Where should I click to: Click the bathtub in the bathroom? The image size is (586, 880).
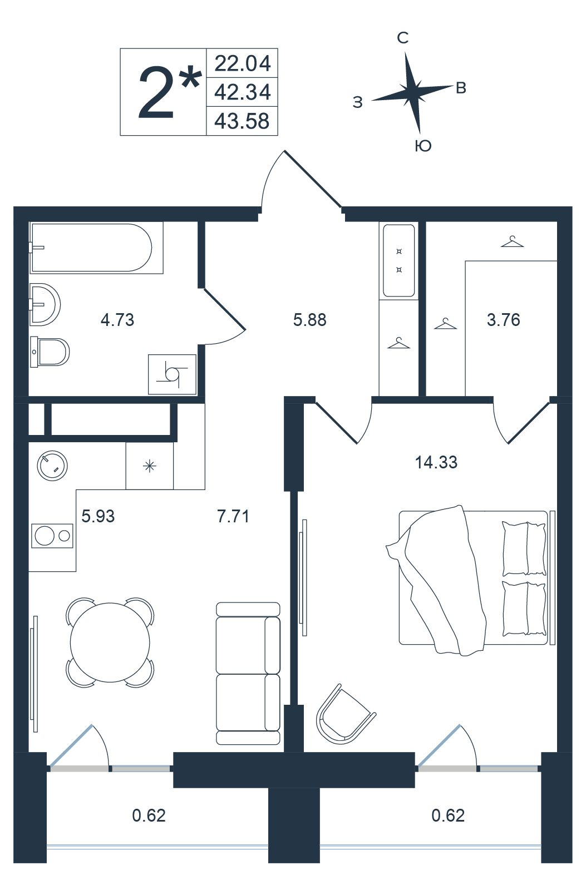tap(96, 248)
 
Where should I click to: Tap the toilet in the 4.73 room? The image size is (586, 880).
tap(50, 352)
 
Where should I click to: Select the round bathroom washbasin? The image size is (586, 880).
tap(45, 304)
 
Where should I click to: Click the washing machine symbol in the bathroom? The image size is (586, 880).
tap(172, 374)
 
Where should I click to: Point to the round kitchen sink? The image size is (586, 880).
tap(52, 466)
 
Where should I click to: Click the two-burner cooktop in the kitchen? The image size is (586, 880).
tap(52, 536)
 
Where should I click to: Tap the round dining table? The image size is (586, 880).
tap(110, 642)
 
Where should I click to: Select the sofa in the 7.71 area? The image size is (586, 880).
tap(248, 674)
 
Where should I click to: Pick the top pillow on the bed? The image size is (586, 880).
tap(524, 548)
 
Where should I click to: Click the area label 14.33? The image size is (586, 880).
tap(436, 462)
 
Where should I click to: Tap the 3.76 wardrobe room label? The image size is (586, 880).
tap(504, 320)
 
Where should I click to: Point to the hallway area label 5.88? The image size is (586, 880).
tap(310, 320)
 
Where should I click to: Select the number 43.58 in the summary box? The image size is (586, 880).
tap(242, 121)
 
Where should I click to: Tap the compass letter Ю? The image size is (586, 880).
tap(424, 146)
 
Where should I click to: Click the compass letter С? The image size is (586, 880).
tap(403, 38)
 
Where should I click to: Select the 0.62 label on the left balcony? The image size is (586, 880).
tap(149, 815)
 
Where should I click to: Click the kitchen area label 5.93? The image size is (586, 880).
tap(98, 516)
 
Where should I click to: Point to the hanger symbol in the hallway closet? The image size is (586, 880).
tap(398, 343)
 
